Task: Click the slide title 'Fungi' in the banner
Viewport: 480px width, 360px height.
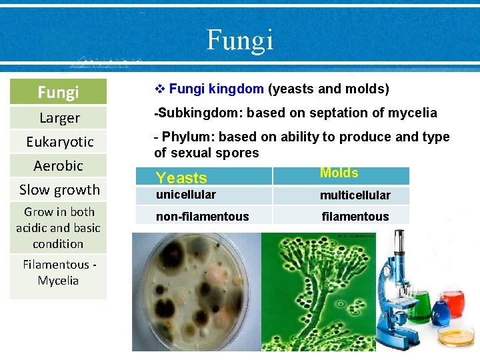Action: tap(240, 40)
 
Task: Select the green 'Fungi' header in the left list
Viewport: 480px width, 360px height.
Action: tap(58, 92)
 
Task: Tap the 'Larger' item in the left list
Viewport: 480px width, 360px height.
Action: tap(59, 118)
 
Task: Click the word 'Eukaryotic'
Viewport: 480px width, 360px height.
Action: tap(59, 141)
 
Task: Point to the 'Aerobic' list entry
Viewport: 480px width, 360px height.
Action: tap(59, 165)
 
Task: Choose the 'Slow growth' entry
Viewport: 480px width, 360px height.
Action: tap(59, 189)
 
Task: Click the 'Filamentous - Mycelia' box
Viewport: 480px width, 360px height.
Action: tap(58, 273)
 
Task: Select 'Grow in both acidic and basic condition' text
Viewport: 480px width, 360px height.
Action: tap(58, 227)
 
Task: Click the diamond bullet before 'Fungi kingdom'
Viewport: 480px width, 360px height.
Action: tap(159, 89)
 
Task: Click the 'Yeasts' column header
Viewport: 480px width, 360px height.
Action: tap(181, 178)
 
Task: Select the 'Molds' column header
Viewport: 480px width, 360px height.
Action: tap(339, 173)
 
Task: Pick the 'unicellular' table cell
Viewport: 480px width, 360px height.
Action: tap(186, 195)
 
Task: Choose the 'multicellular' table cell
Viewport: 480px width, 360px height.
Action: tap(355, 195)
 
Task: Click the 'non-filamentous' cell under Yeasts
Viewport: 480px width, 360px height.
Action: tap(203, 217)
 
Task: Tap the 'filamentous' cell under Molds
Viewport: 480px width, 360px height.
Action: tap(355, 217)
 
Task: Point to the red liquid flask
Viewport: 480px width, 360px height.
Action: tap(455, 303)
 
